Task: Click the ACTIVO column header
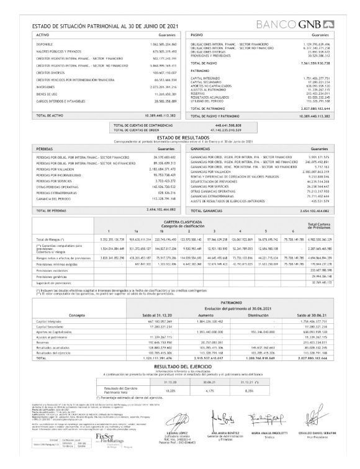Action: (x=43, y=35)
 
